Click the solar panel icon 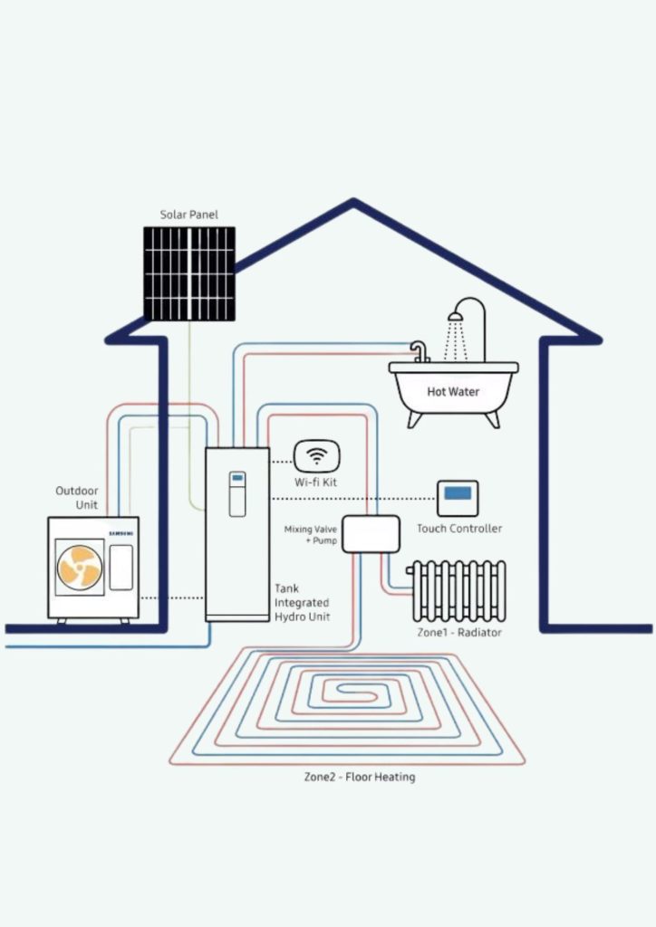189,273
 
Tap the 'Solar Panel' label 189,215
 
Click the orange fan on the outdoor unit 80,568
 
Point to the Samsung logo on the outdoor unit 121,534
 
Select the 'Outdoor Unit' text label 77,497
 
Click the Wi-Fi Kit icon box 316,455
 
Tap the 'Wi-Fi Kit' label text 316,483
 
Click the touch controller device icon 458,497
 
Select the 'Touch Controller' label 459,529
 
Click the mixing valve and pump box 371,534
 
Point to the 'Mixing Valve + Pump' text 312,534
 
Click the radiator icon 456,590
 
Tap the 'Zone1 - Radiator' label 456,632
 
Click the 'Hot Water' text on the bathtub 453,392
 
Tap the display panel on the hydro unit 237,493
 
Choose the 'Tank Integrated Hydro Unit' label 302,602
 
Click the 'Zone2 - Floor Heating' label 360,777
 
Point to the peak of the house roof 353,204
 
